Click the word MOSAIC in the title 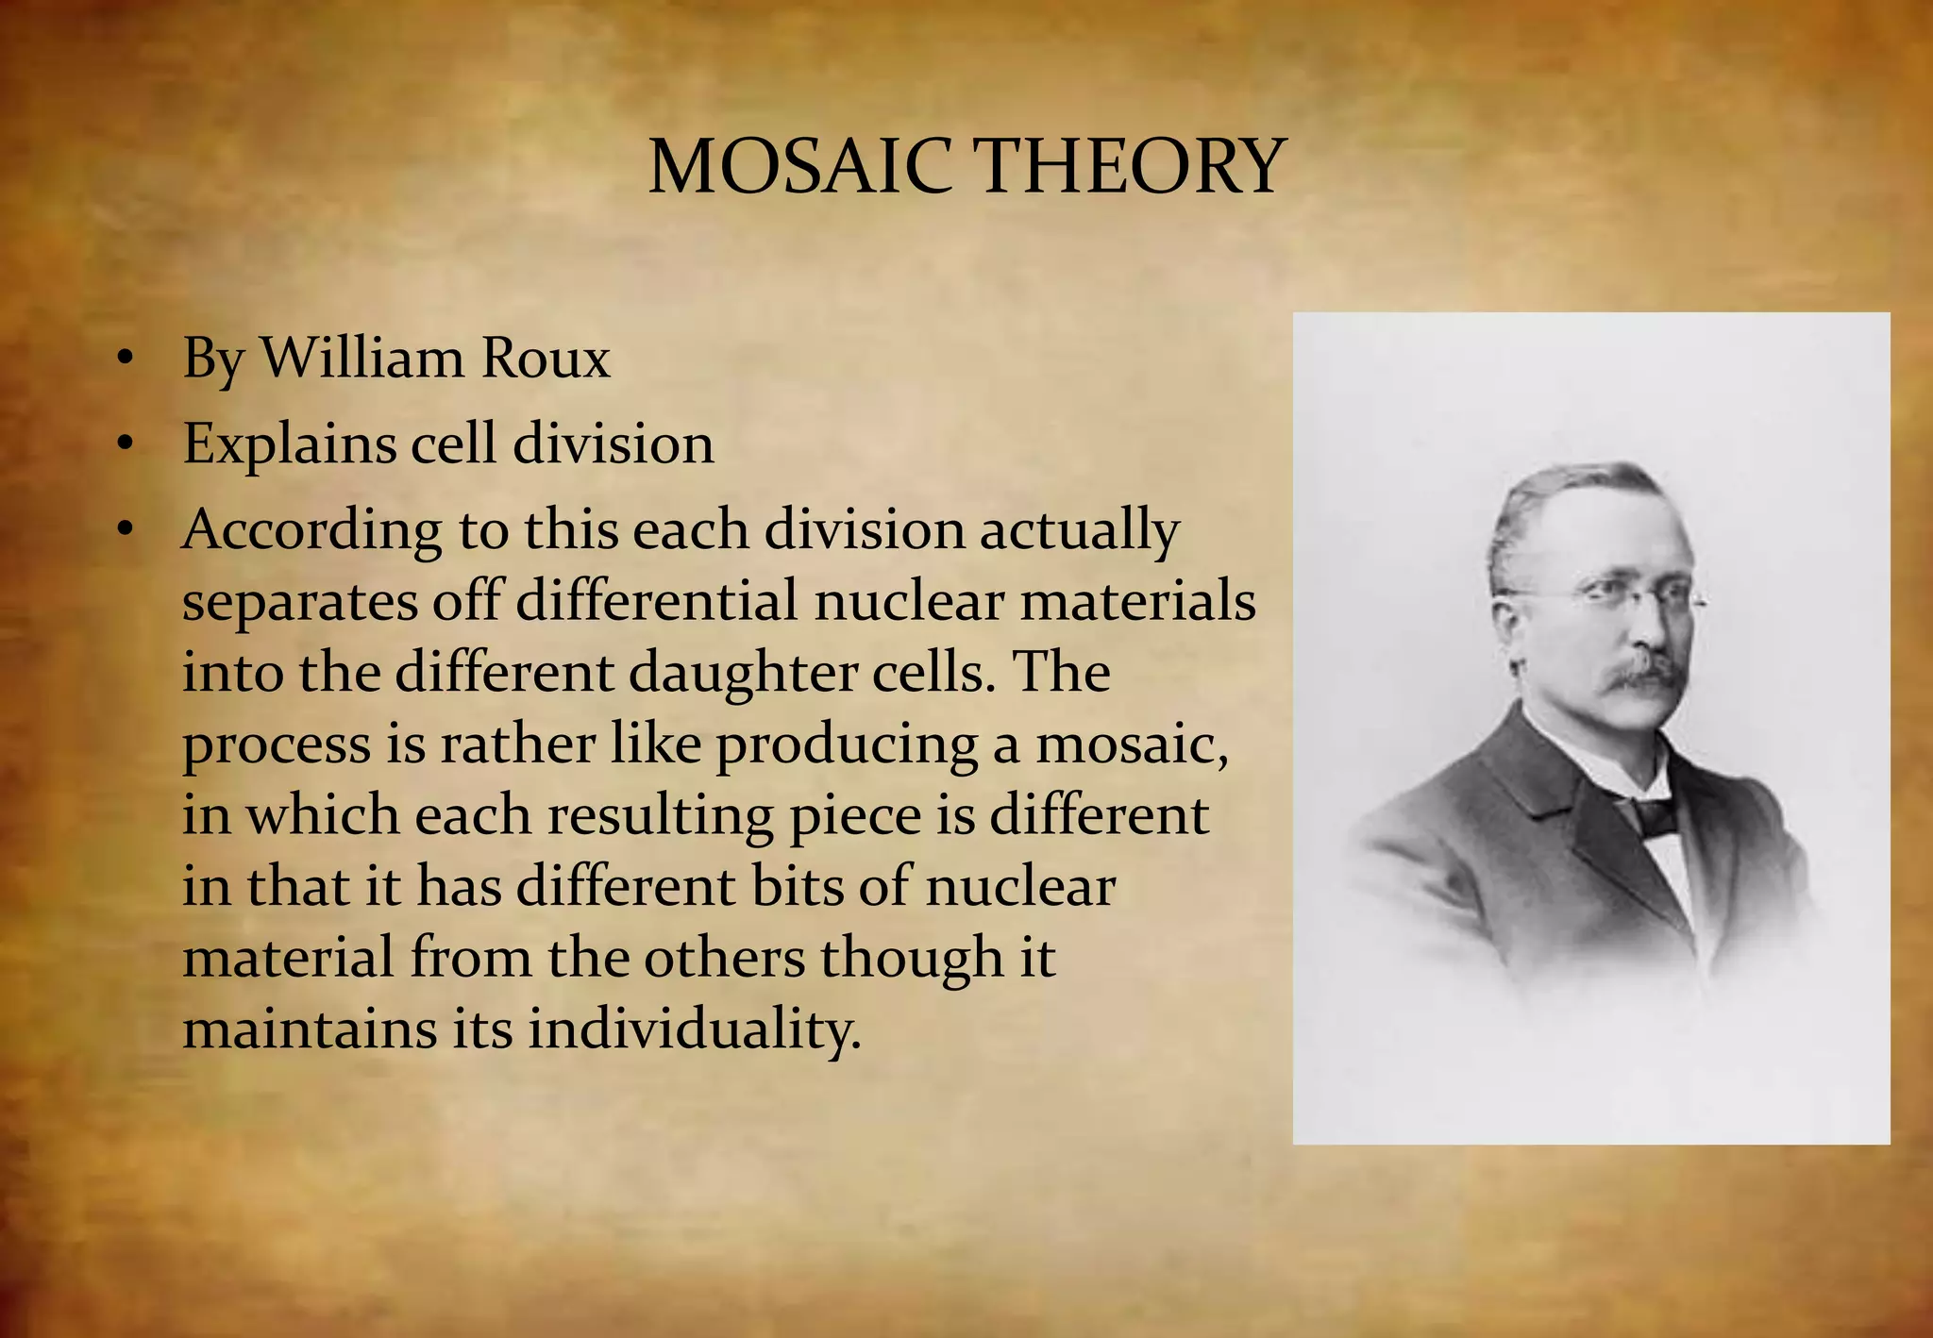point(799,167)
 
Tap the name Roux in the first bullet point(546,359)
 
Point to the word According point(311,529)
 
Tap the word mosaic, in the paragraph point(1131,745)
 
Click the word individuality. point(694,1029)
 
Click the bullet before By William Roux point(126,360)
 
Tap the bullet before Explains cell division point(126,444)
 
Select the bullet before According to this point(126,530)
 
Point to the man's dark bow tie point(1654,813)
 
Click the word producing point(846,745)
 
